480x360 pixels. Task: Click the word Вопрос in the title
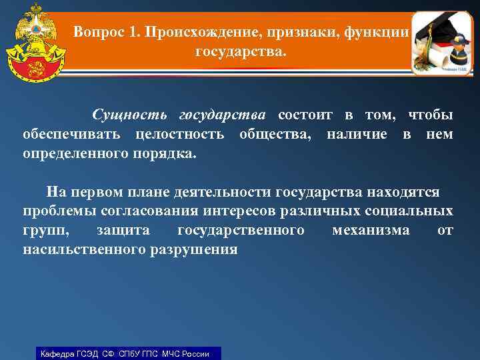pyautogui.click(x=98, y=31)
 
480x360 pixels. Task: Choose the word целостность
pyautogui.click(x=179, y=134)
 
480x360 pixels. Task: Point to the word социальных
pyautogui.click(x=412, y=212)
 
